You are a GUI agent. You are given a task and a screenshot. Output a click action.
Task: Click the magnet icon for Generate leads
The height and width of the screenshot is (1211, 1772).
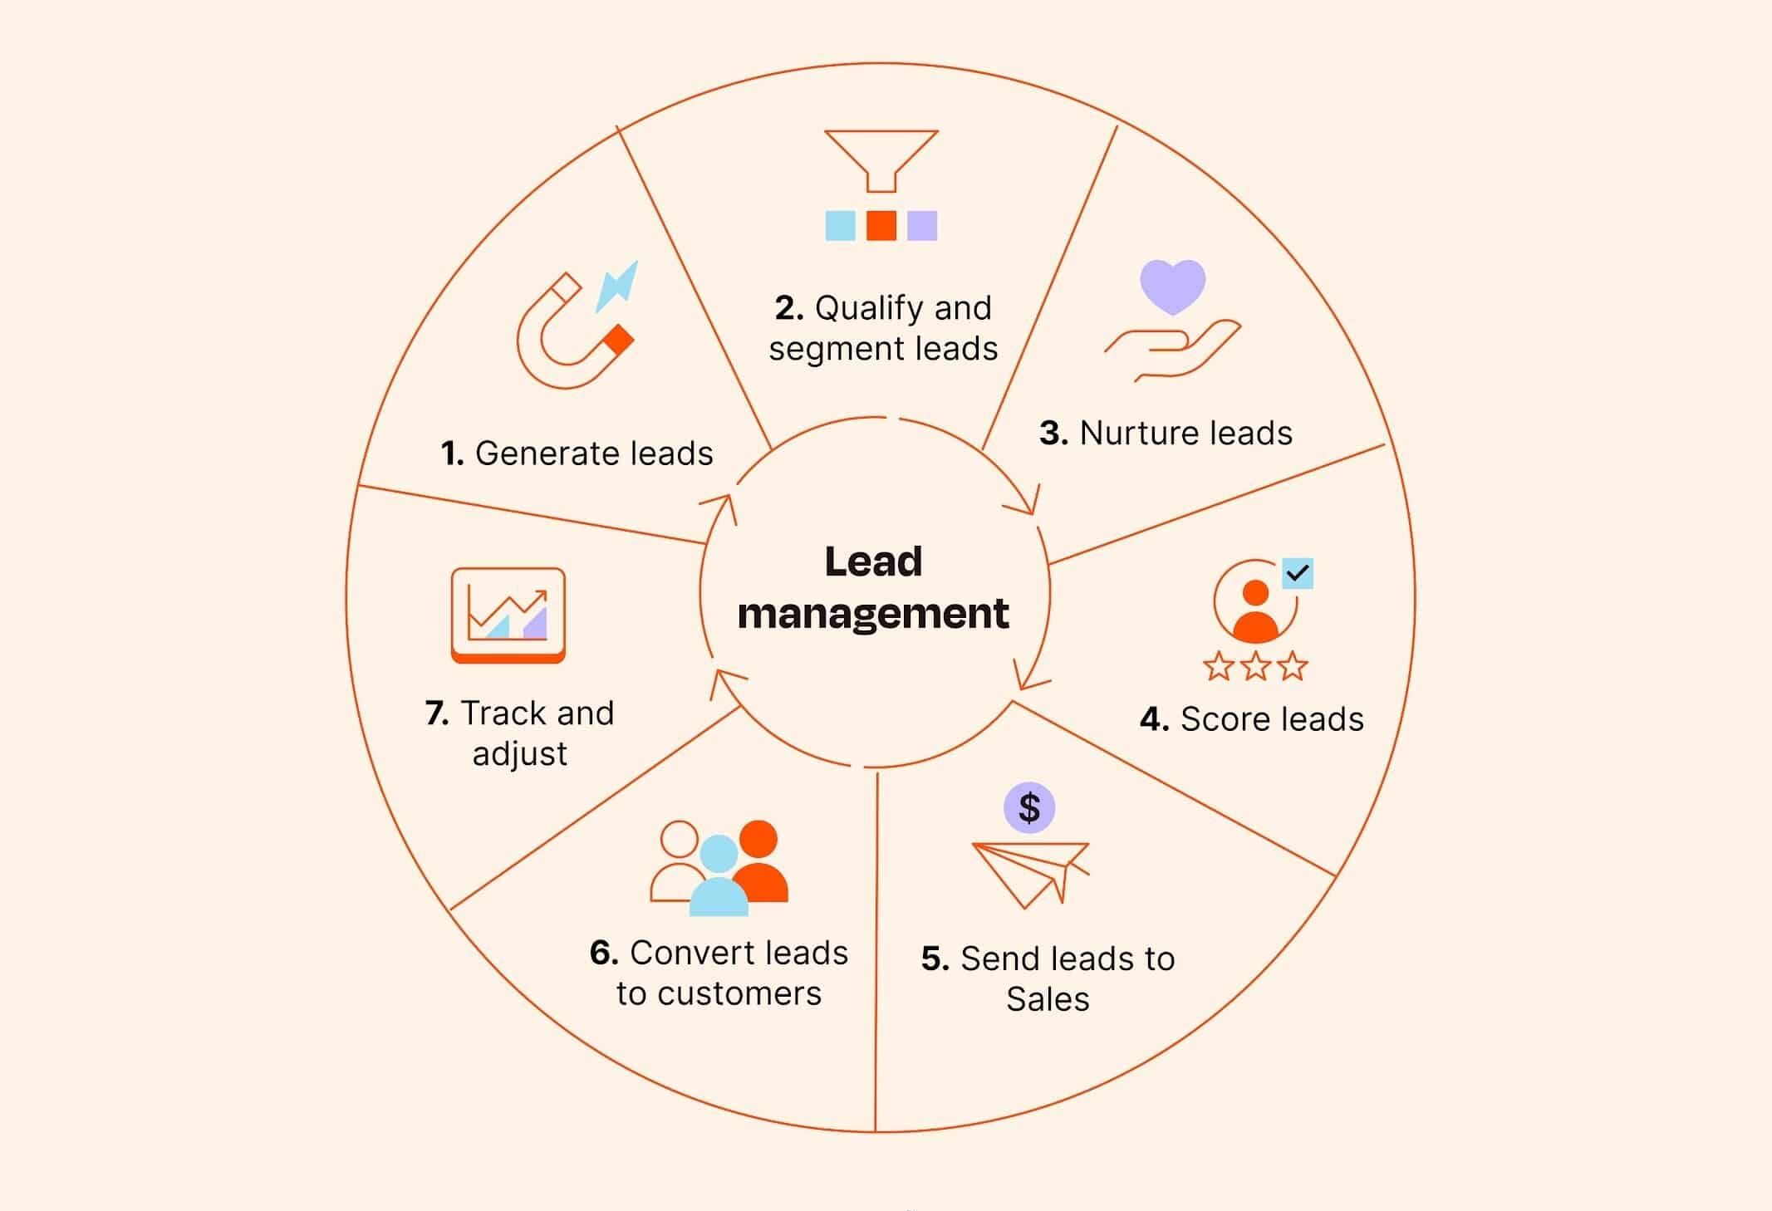575,331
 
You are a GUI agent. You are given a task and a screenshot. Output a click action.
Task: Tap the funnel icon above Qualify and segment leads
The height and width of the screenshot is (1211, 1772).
881,161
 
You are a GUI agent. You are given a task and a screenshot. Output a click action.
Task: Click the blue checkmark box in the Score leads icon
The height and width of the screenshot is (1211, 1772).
1298,573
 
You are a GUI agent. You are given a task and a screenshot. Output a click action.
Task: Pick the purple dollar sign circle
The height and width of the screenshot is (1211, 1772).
1029,807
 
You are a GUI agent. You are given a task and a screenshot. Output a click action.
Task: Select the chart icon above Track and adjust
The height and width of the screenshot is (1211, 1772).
508,615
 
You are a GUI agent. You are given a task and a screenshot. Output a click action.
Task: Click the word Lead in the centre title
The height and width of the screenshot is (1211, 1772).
873,561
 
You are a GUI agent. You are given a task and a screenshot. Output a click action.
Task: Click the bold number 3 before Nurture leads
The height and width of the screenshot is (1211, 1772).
1053,433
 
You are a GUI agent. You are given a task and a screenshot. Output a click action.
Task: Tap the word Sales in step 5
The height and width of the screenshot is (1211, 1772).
1048,998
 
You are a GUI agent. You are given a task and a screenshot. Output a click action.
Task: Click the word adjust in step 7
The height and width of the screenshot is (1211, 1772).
520,754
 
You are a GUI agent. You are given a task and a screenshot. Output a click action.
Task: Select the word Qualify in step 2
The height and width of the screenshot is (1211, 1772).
863,309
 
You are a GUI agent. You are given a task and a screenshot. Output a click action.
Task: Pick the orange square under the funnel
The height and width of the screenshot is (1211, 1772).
881,225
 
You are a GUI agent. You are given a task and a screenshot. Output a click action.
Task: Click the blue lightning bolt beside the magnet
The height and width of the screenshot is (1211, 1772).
617,285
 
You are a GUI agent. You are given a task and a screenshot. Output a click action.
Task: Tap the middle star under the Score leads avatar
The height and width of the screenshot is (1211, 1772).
1255,666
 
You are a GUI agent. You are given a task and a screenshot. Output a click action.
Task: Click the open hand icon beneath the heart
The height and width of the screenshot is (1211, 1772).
1172,350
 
